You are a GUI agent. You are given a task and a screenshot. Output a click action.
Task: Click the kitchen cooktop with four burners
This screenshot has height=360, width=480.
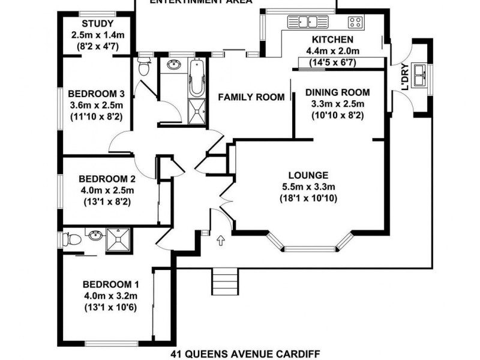pyautogui.click(x=355, y=23)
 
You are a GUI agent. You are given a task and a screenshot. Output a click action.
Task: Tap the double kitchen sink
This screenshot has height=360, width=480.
pyautogui.click(x=308, y=22)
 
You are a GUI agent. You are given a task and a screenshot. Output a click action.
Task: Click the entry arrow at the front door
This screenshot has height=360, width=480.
pyautogui.click(x=220, y=241)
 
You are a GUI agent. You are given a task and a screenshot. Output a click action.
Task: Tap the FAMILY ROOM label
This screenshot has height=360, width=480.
pyautogui.click(x=251, y=97)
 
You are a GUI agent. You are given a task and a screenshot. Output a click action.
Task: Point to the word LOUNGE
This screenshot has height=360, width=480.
pyautogui.click(x=308, y=175)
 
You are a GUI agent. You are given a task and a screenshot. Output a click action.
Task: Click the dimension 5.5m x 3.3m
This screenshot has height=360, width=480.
pyautogui.click(x=308, y=187)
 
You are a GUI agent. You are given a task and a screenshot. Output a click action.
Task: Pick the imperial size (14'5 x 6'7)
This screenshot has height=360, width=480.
pyautogui.click(x=332, y=62)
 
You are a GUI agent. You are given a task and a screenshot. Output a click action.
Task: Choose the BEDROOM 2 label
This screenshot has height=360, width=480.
pyautogui.click(x=107, y=179)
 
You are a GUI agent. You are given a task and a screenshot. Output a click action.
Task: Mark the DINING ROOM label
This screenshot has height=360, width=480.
pyautogui.click(x=337, y=92)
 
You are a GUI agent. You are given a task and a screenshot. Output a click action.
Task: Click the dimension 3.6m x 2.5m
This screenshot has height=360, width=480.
pyautogui.click(x=96, y=105)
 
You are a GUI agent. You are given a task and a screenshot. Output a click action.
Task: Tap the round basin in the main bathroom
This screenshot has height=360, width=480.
pyautogui.click(x=174, y=64)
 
